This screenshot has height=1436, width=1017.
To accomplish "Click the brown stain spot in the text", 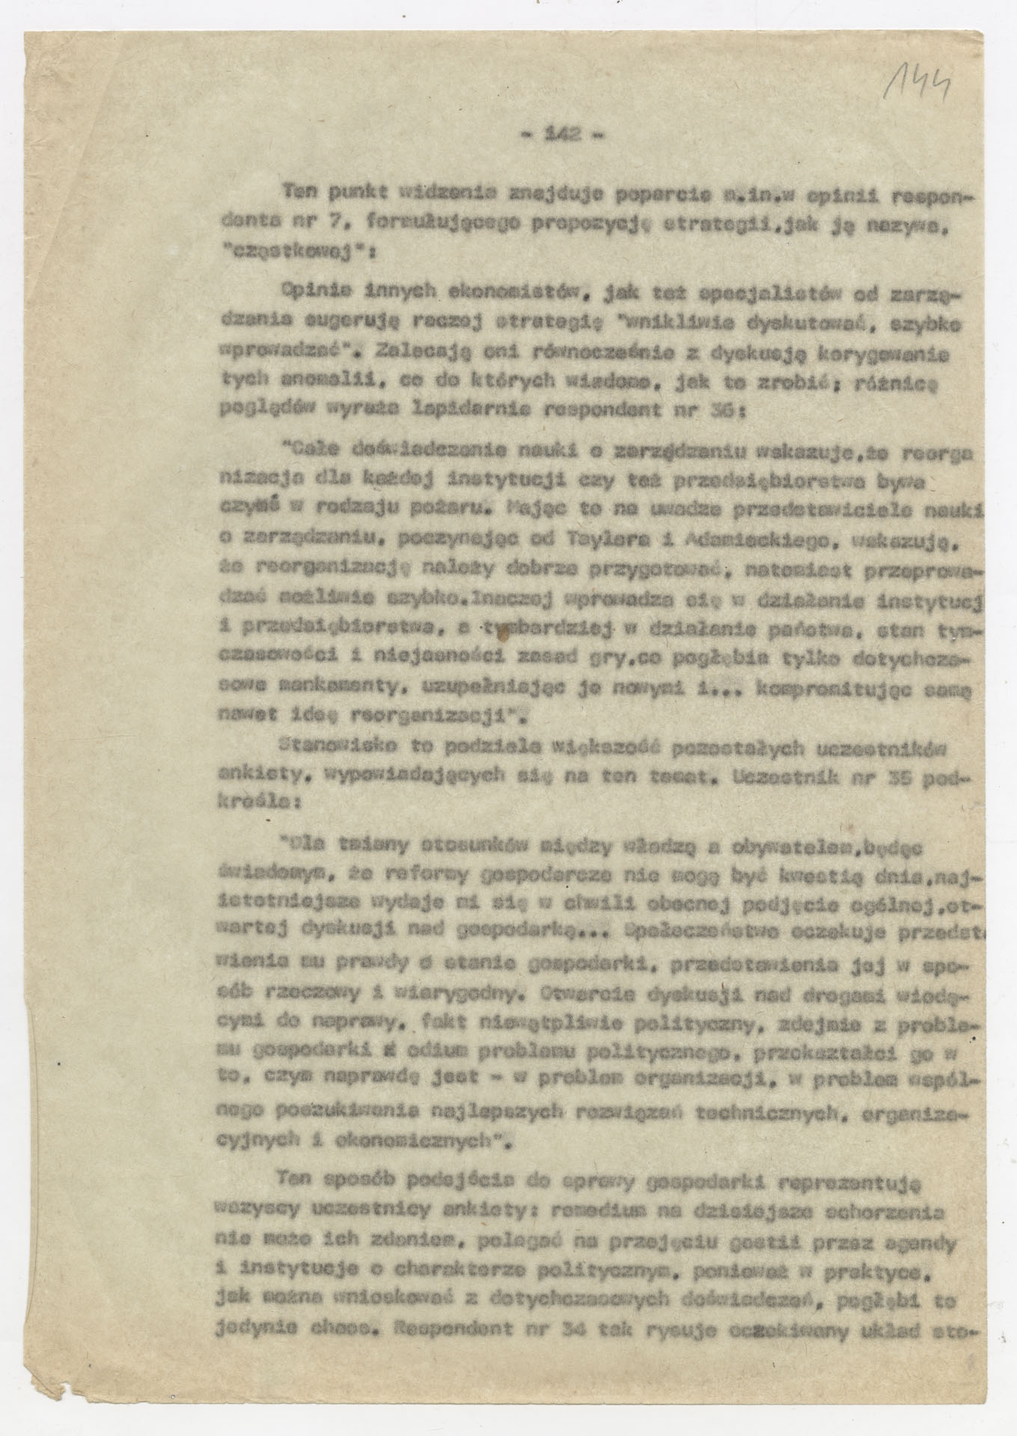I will point(509,634).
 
